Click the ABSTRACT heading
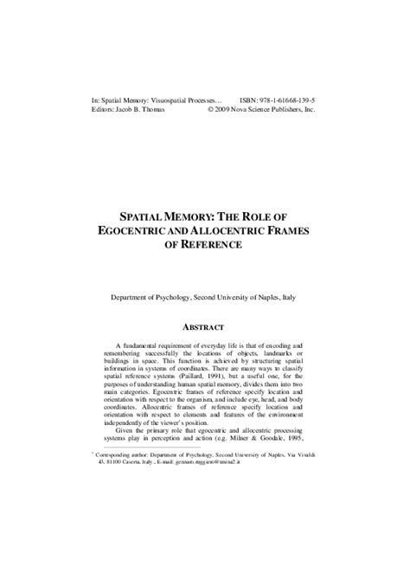(204, 327)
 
